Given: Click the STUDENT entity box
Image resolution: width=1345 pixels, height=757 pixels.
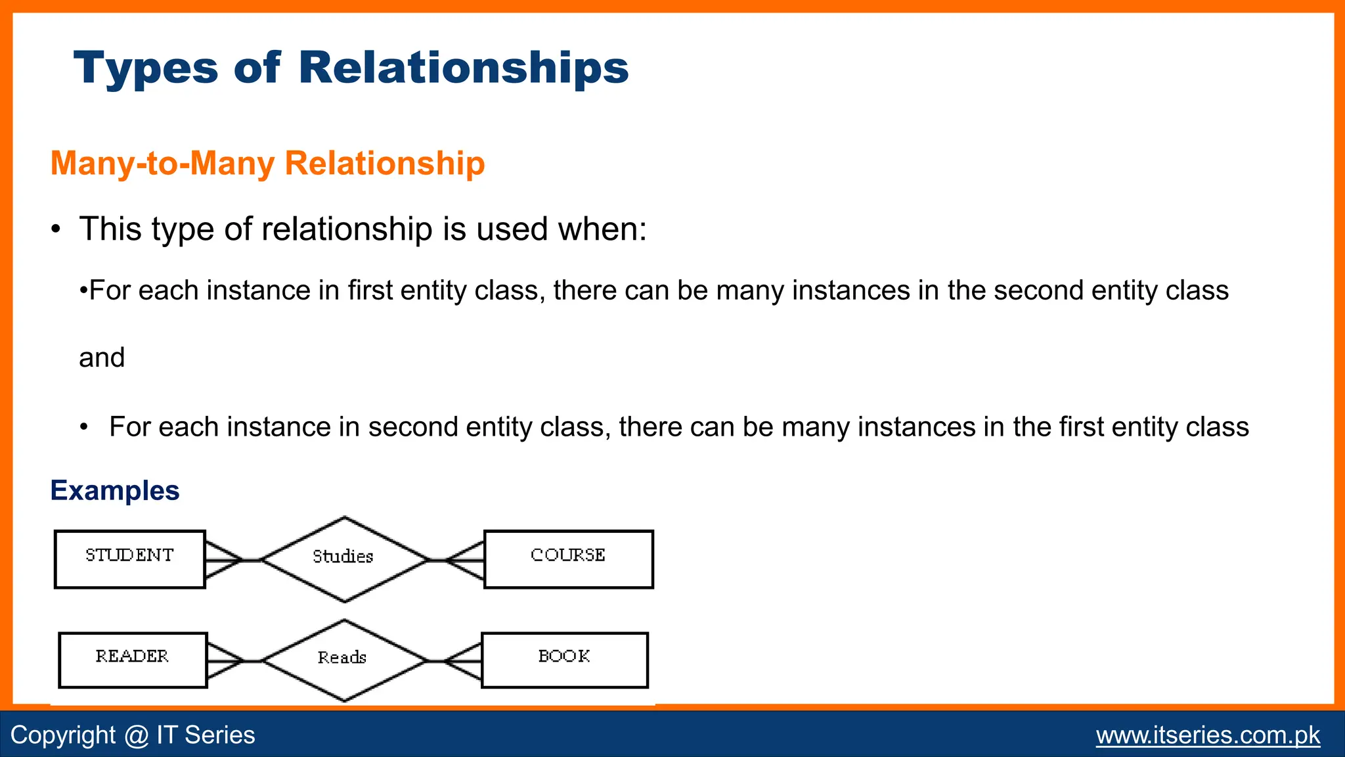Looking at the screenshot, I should (130, 559).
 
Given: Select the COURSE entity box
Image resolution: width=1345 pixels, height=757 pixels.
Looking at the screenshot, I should (568, 559).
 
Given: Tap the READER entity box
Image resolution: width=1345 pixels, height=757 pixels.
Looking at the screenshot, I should (133, 660).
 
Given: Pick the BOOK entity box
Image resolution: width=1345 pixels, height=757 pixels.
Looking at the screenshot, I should (564, 660).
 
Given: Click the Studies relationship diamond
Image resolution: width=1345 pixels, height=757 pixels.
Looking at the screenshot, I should (344, 559).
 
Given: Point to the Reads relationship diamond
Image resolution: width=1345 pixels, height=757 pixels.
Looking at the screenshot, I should (343, 660).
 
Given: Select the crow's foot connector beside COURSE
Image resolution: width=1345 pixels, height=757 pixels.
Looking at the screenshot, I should (465, 560).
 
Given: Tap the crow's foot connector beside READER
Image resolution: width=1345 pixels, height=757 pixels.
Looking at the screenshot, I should (225, 660).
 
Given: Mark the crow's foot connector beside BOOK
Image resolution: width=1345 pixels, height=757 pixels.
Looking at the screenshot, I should (463, 660).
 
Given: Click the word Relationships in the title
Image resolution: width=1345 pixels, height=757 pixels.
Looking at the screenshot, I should (463, 68).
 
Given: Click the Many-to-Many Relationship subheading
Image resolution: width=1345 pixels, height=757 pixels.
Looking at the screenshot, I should (267, 163).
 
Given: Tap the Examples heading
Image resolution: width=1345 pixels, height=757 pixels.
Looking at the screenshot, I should (115, 491).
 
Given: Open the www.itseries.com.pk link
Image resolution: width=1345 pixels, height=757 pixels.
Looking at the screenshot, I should (1207, 735).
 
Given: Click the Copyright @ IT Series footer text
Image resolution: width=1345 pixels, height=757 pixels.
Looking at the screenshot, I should (133, 735).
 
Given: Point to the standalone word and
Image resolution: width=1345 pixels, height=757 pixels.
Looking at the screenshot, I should (102, 358).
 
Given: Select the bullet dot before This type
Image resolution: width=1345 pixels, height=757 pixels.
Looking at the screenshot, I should (56, 230).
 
